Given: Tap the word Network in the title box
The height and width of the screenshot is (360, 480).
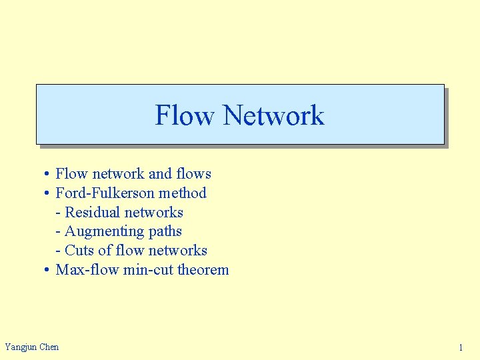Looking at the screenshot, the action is coord(273,115).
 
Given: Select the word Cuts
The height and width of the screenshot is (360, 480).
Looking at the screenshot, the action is coord(79,251).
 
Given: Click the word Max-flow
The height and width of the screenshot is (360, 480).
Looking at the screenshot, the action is coord(87,270).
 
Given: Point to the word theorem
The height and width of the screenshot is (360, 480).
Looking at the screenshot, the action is coord(203,270).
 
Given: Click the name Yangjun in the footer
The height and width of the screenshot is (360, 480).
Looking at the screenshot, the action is coord(21,347).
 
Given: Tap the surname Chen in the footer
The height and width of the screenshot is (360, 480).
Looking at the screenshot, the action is coord(49,347).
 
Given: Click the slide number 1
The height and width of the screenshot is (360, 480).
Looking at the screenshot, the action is coord(461,347).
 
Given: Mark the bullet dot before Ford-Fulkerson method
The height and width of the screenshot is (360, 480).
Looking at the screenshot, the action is coord(47,194).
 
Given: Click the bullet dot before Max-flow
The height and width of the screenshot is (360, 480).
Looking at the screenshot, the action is coord(47,271).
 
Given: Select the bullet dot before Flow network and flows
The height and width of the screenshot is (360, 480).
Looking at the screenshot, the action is coord(47,175).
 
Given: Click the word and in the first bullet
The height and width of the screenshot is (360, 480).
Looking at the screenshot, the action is coord(160,174).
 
